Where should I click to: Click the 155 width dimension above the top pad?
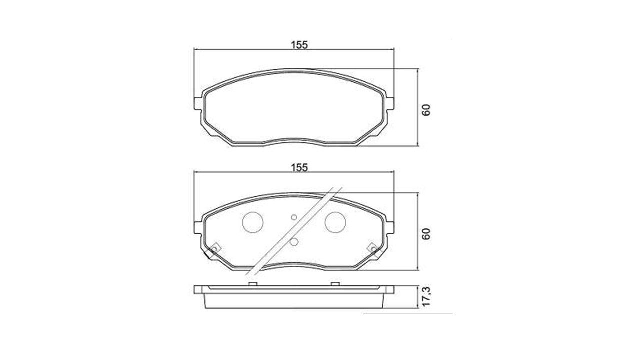pyautogui.click(x=299, y=45)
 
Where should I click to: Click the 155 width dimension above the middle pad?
pyautogui.click(x=299, y=168)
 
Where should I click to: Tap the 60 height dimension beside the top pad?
pyautogui.click(x=426, y=110)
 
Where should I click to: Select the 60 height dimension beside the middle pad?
pyautogui.click(x=426, y=234)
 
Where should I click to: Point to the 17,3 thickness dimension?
pyautogui.click(x=426, y=297)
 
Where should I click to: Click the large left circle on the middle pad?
pyautogui.click(x=253, y=222)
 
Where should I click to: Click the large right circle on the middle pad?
pyautogui.click(x=335, y=222)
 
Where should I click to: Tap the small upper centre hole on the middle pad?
pyautogui.click(x=294, y=217)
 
